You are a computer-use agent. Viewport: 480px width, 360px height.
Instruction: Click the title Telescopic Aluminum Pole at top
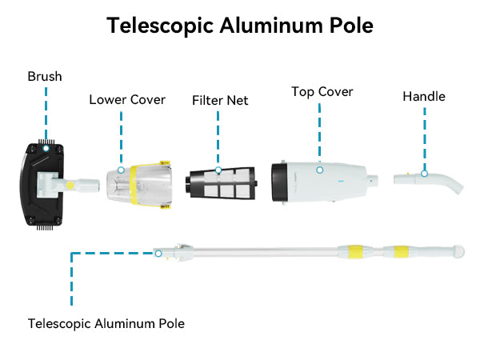(240, 25)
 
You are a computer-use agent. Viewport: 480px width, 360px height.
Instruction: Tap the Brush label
(45, 77)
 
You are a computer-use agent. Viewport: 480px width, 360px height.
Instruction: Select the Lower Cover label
(127, 100)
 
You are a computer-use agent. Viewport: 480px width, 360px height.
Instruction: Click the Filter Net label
(220, 101)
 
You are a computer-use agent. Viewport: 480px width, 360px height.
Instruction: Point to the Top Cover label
(322, 92)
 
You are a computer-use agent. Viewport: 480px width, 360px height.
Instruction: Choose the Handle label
(423, 96)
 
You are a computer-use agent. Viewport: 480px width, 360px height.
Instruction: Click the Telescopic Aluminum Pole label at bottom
(106, 324)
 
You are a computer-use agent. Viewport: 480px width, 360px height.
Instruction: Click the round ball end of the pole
(459, 251)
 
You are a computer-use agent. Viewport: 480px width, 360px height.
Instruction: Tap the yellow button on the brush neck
(70, 185)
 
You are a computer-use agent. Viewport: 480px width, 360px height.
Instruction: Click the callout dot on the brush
(46, 148)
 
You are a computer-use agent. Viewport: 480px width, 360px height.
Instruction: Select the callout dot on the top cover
(318, 170)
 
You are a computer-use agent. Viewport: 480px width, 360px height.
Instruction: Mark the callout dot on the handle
(425, 173)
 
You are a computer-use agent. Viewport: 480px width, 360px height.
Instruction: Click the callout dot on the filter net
(218, 170)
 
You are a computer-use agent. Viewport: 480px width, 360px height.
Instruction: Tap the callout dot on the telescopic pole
(158, 253)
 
